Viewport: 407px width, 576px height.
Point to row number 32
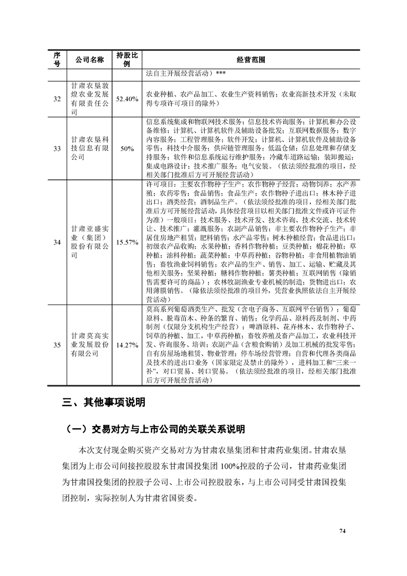pyautogui.click(x=57, y=99)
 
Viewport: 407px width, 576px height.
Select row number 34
pyautogui.click(x=57, y=242)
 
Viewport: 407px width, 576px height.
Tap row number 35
pyautogui.click(x=57, y=345)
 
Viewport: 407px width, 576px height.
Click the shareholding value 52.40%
pyautogui.click(x=126, y=99)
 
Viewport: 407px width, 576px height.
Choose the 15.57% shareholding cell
pyautogui.click(x=126, y=242)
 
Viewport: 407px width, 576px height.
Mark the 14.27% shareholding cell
pyautogui.click(x=126, y=345)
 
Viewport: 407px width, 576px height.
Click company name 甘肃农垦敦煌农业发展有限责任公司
pyautogui.click(x=90, y=99)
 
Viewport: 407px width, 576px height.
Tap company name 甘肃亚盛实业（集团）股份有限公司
pyautogui.click(x=90, y=242)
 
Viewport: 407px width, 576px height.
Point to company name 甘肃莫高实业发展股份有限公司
pyautogui.click(x=90, y=345)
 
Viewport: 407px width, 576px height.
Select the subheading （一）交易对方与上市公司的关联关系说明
pyautogui.click(x=152, y=429)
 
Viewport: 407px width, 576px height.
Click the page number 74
pyautogui.click(x=342, y=530)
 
